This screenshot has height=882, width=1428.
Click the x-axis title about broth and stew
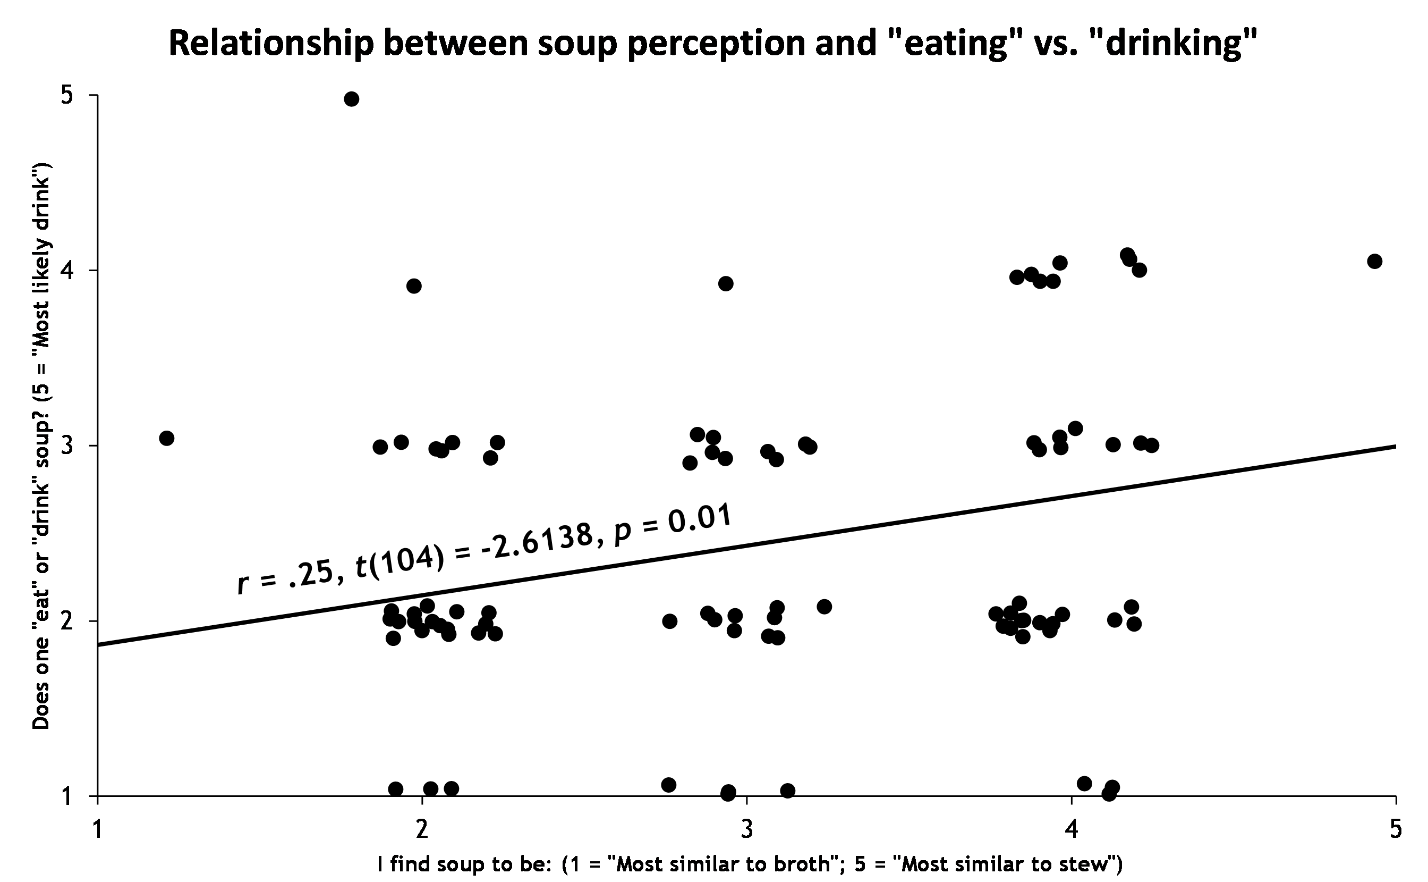pos(750,863)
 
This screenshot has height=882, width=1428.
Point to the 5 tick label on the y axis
pos(68,95)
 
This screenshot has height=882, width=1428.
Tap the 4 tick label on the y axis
pos(68,271)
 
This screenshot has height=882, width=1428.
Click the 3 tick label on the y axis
pos(68,446)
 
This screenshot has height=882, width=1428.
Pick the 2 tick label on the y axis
pos(68,621)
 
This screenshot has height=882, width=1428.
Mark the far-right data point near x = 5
pos(1374,262)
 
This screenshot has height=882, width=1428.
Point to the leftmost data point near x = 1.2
pos(167,438)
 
